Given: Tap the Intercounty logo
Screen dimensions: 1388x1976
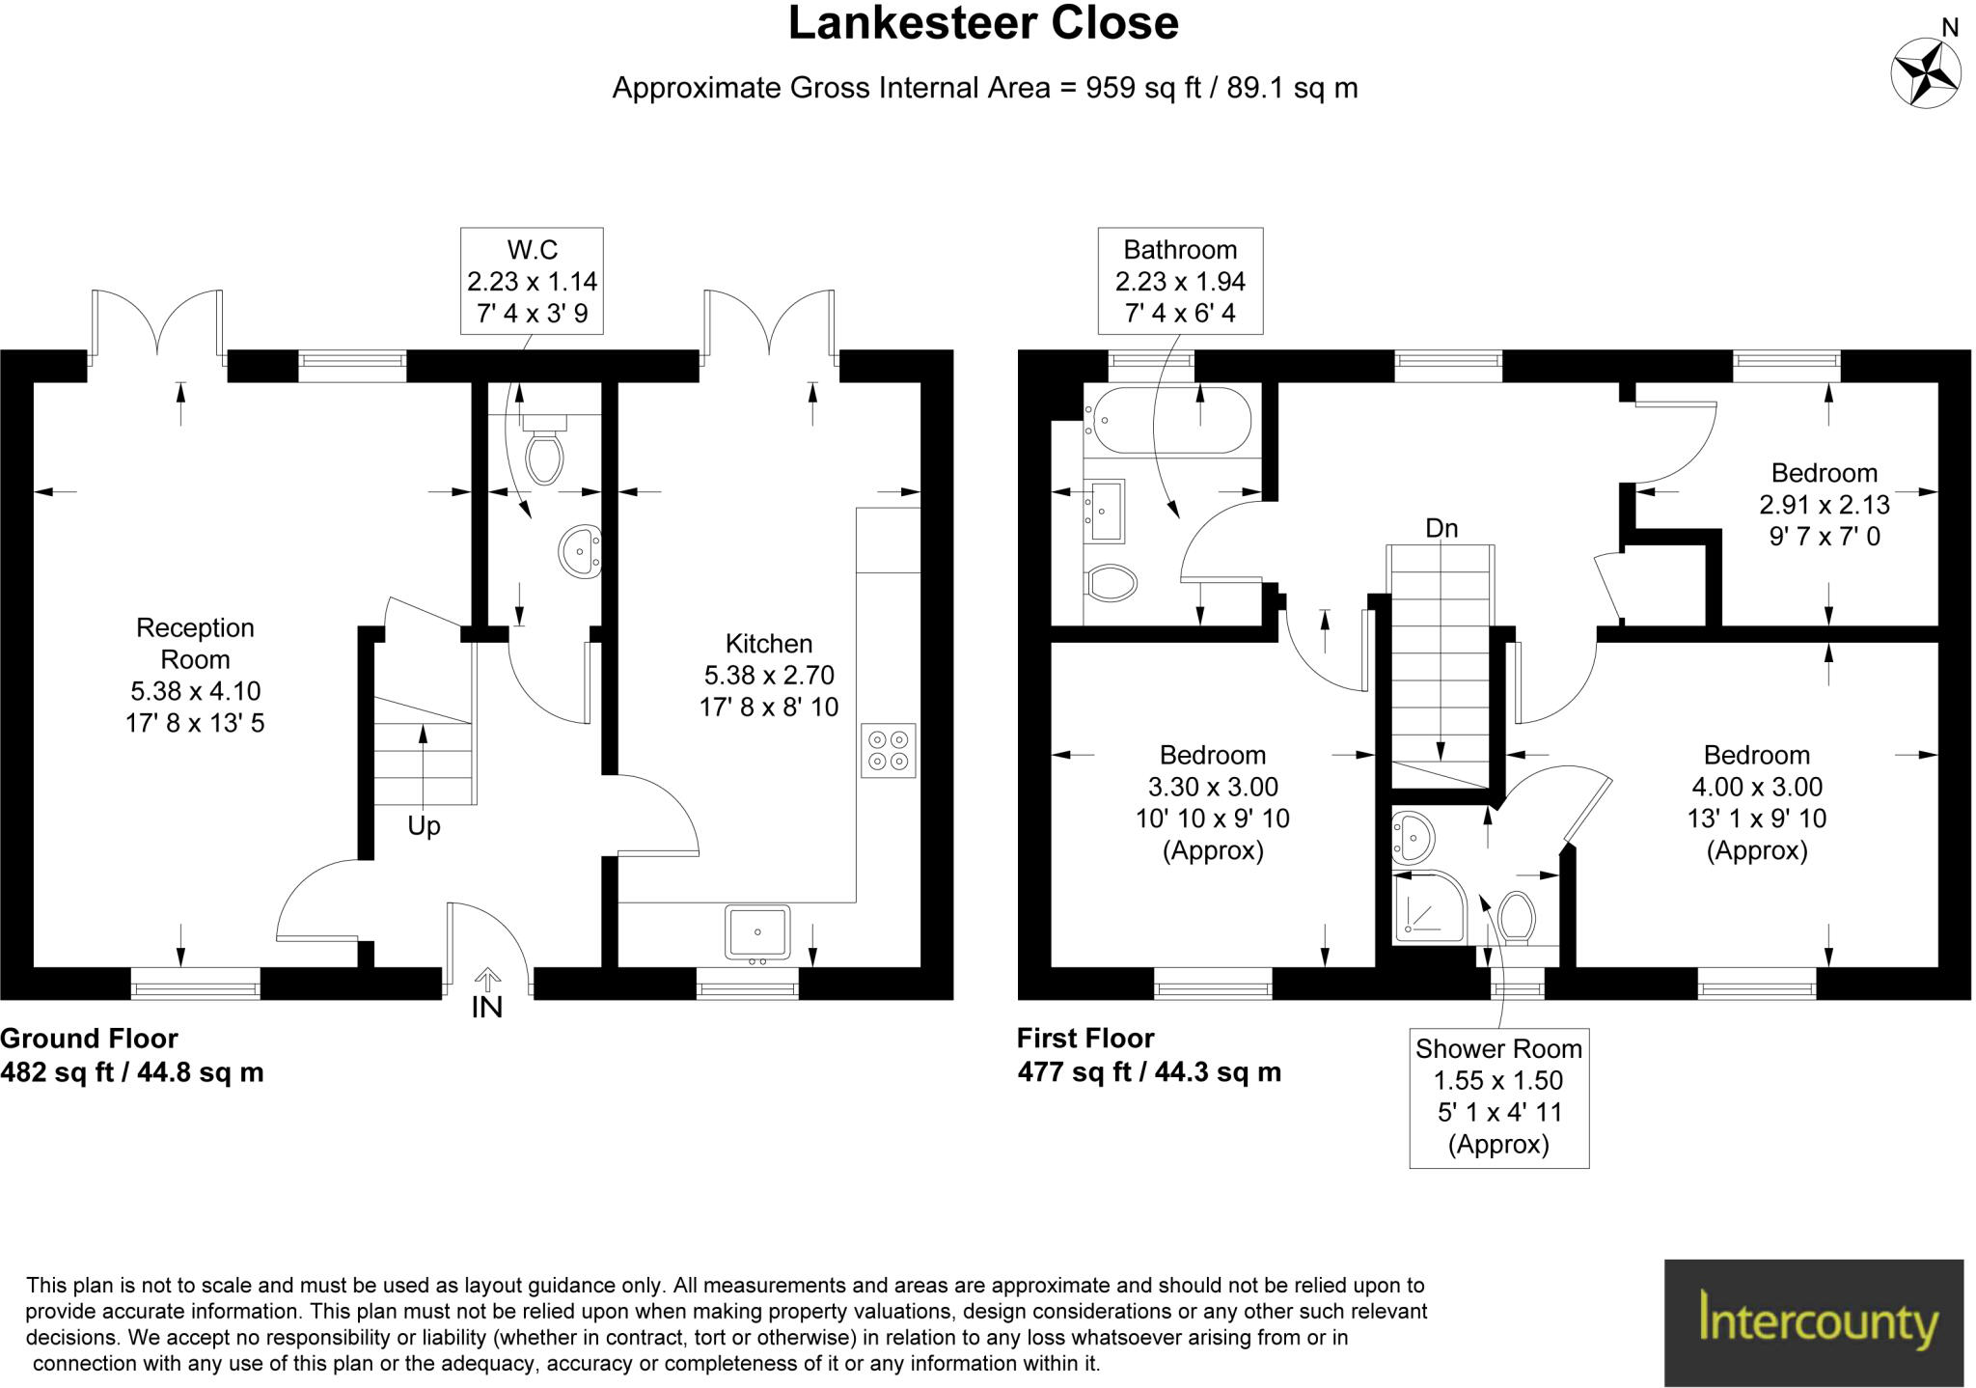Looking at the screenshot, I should (1814, 1321).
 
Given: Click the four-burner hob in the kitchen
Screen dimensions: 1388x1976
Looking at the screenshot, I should (888, 750).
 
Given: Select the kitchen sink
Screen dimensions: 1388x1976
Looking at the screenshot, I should (757, 932).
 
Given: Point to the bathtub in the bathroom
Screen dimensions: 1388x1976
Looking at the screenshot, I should (1167, 420).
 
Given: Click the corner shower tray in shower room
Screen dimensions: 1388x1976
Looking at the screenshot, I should (1428, 906).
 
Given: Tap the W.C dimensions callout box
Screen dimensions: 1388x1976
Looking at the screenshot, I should (532, 281).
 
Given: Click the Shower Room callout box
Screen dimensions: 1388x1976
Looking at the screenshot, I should (1498, 1098).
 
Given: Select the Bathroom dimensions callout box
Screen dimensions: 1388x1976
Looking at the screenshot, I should (1180, 281).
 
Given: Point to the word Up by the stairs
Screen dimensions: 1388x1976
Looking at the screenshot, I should (424, 825).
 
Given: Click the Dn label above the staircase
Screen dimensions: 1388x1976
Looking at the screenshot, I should (1441, 528).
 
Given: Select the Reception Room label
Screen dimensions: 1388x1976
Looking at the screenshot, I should (195, 644).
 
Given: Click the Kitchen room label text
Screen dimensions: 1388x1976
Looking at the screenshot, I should (769, 644).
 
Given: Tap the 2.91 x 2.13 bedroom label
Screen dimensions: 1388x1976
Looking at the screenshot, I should (1824, 504).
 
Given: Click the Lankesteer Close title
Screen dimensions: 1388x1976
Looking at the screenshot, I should (983, 24).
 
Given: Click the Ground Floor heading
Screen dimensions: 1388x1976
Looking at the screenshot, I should (89, 1039).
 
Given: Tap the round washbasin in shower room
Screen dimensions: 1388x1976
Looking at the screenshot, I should (1413, 836).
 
